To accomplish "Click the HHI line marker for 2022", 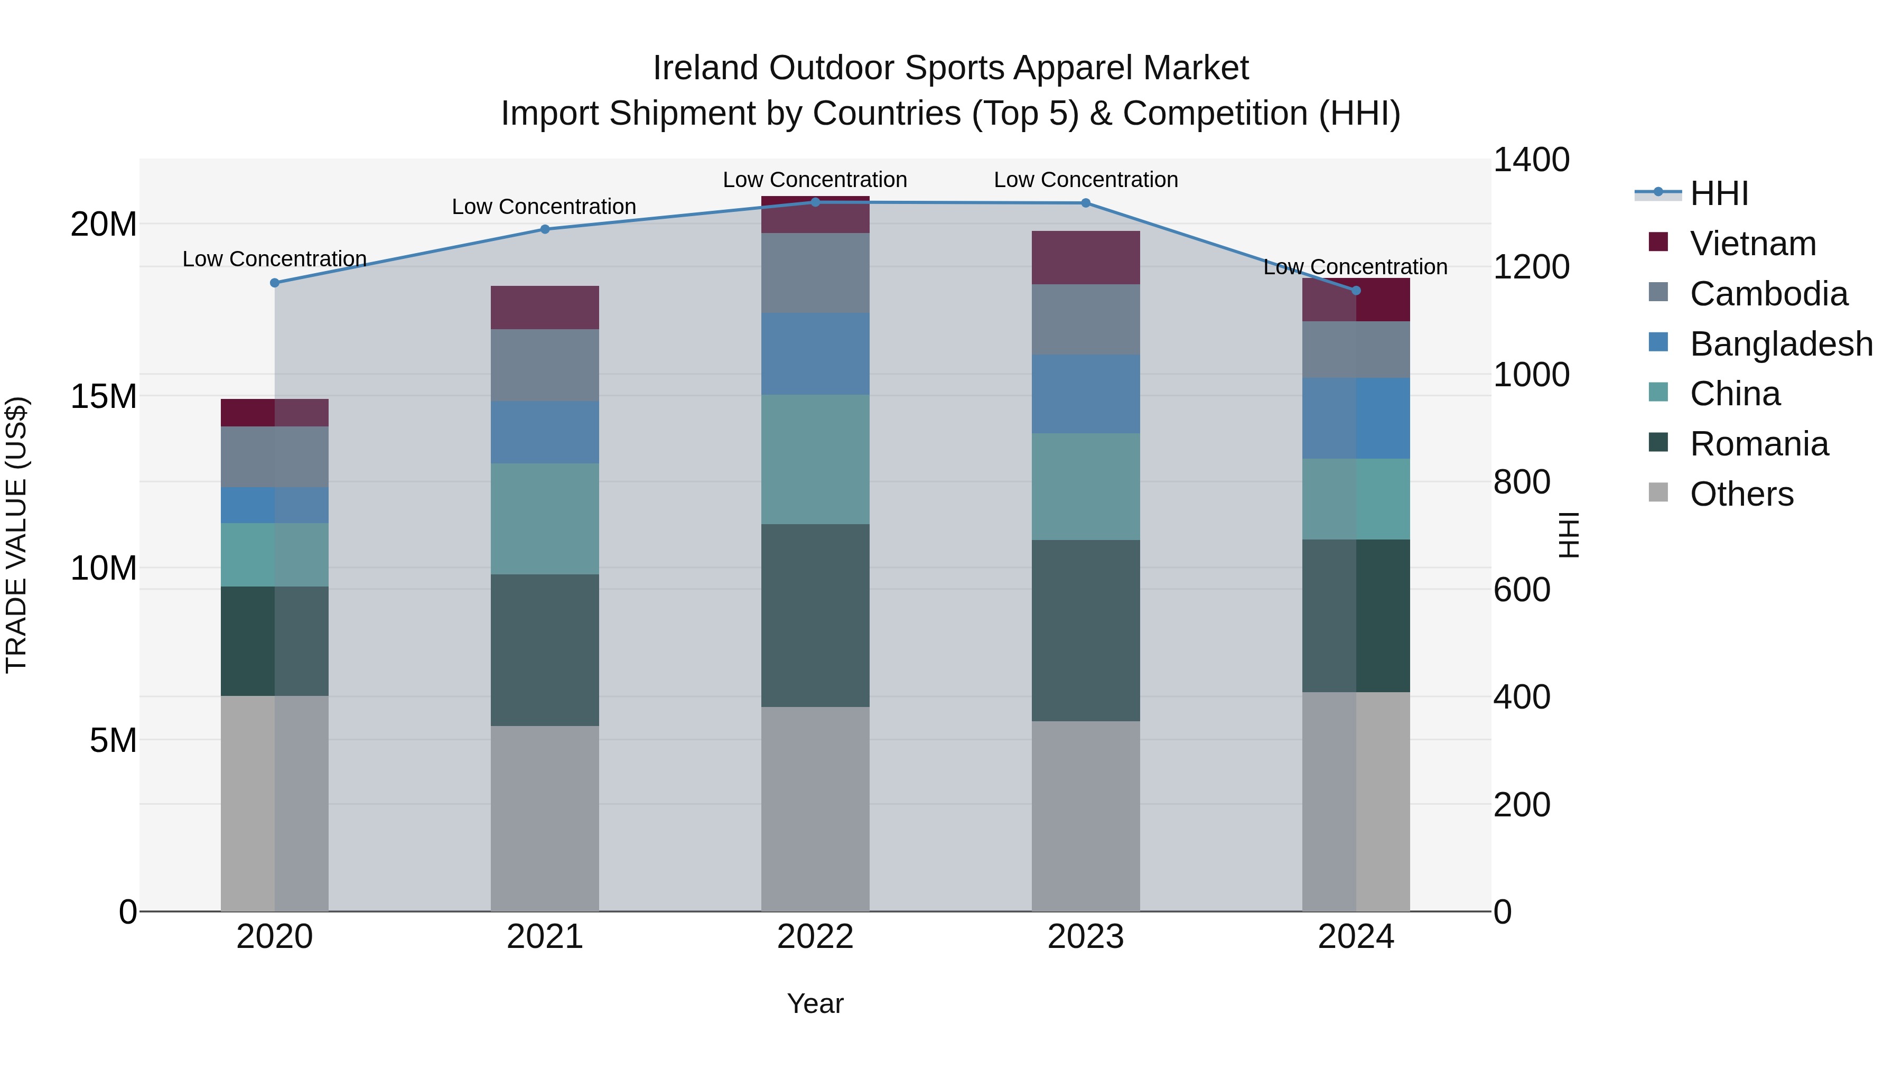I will tap(815, 202).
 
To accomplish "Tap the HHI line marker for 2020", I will tap(275, 283).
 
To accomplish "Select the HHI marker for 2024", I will tap(1356, 290).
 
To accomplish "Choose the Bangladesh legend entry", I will tap(1780, 344).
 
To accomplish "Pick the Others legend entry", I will tap(1741, 494).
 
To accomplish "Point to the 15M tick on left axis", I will tap(104, 396).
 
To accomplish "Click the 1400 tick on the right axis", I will tap(1531, 160).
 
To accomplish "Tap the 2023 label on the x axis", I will tap(1085, 937).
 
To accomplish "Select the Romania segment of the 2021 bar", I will tap(545, 650).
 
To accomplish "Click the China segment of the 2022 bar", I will tap(815, 459).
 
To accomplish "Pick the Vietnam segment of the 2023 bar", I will tap(1085, 258).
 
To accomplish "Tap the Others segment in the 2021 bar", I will tap(545, 818).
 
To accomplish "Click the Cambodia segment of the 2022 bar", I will tap(815, 273).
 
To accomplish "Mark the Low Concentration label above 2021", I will tap(544, 207).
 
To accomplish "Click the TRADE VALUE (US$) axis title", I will tap(16, 535).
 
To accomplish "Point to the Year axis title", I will tap(815, 1003).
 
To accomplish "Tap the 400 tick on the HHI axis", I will tap(1521, 697).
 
